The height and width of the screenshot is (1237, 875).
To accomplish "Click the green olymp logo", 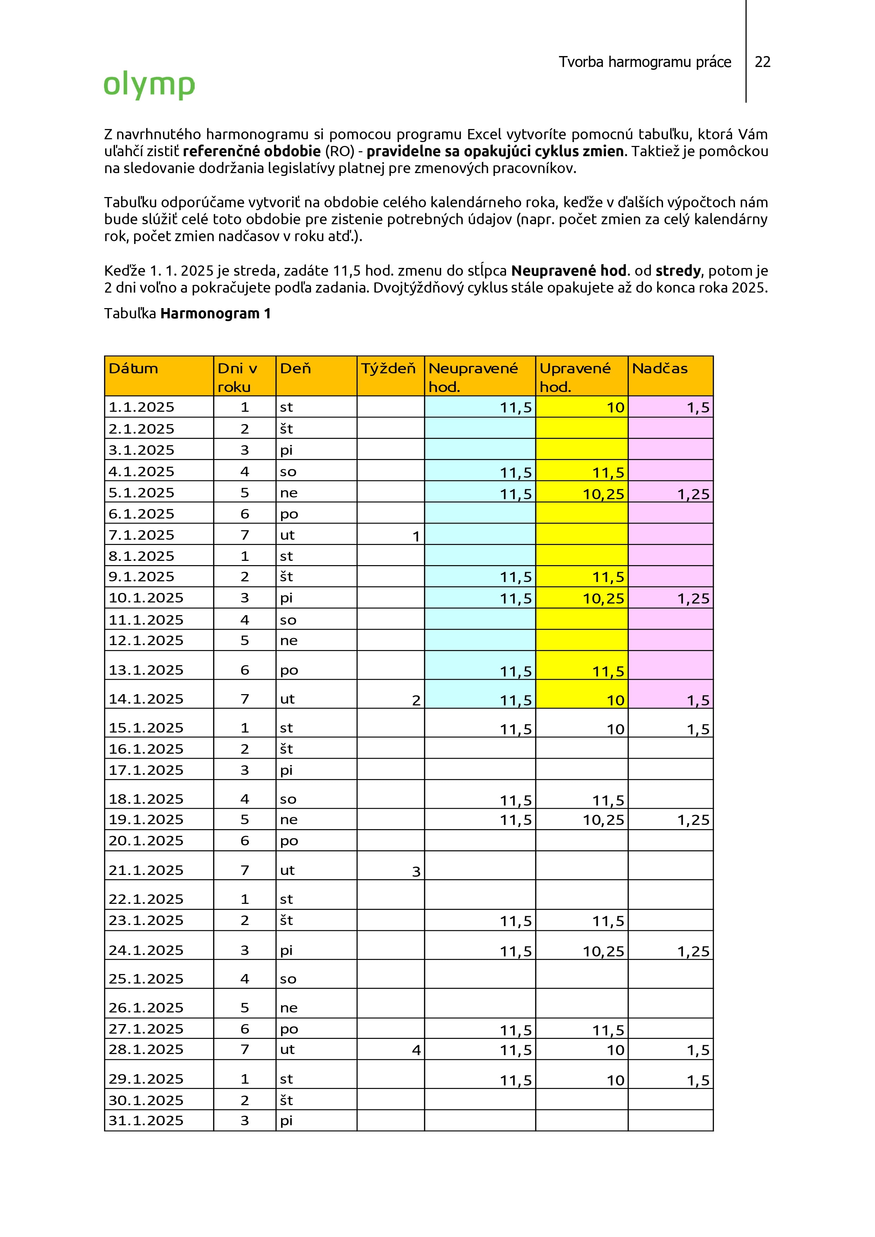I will click(149, 85).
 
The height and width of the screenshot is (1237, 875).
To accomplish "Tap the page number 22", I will click(762, 62).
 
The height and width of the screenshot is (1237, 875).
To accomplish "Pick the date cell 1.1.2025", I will click(141, 407).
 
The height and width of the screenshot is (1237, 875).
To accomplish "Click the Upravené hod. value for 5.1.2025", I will click(603, 494).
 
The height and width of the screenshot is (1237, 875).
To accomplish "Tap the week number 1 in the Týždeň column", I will click(416, 537).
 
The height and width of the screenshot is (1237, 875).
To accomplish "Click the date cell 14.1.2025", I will click(146, 699).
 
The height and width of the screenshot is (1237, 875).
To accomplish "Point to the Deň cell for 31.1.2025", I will click(286, 1121).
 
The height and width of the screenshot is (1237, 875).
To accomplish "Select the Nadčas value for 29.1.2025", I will click(698, 1080).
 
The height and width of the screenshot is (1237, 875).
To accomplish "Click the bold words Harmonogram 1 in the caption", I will click(215, 313).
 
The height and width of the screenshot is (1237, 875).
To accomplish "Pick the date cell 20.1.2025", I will click(146, 840).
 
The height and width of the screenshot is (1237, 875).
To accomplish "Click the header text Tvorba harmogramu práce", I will click(645, 62).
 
